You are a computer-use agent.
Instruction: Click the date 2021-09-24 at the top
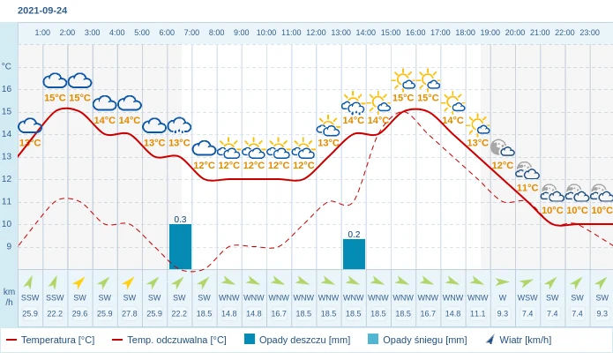[x=41, y=11]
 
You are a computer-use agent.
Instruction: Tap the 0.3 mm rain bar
[x=180, y=246]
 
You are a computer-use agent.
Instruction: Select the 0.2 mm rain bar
[x=354, y=254]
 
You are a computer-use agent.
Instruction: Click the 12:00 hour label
[x=316, y=33]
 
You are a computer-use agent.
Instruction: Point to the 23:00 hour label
[x=589, y=33]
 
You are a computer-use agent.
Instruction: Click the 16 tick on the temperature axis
[x=7, y=88]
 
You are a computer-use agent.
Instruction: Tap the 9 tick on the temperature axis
[x=8, y=246]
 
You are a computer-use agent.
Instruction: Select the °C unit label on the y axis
[x=7, y=66]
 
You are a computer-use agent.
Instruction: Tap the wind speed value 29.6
[x=79, y=313]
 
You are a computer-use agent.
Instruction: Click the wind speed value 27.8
[x=130, y=313]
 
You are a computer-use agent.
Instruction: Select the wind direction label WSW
[x=527, y=297]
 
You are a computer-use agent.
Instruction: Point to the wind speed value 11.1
[x=477, y=313]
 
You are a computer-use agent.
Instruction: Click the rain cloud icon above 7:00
[x=179, y=125]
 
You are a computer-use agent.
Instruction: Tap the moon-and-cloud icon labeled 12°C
[x=501, y=147]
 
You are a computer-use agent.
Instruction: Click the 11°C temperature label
[x=527, y=188]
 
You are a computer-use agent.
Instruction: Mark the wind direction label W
[x=503, y=297]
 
